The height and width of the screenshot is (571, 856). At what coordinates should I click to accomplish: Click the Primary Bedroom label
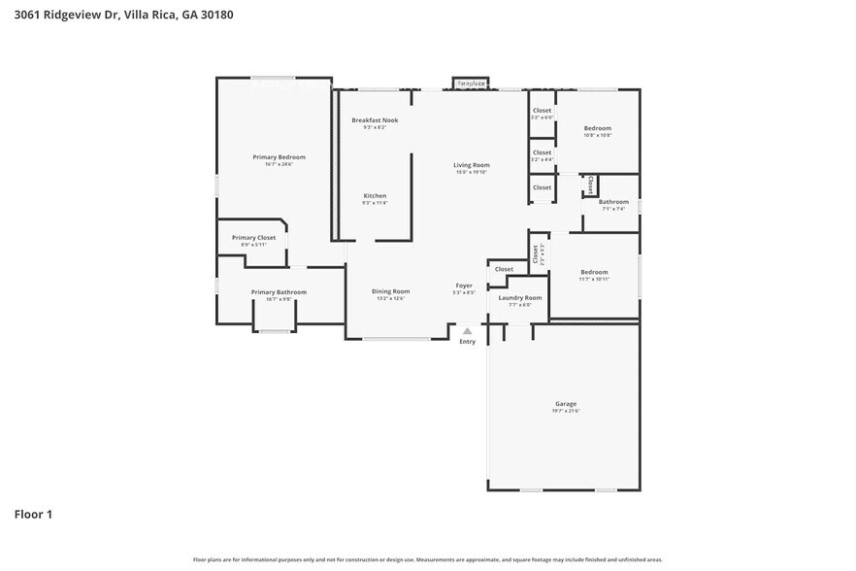[x=279, y=157]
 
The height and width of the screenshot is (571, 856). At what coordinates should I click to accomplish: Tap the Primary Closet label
[x=253, y=238]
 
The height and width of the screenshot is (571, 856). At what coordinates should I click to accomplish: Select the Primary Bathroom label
[x=279, y=292]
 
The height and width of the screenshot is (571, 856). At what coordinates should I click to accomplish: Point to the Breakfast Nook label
[x=375, y=120]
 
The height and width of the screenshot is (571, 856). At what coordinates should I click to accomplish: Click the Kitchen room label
[x=375, y=196]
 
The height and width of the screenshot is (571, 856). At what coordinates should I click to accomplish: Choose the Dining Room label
[x=391, y=291]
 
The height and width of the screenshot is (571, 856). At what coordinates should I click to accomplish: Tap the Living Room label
[x=471, y=165]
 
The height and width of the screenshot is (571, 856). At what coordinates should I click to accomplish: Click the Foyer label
[x=464, y=285]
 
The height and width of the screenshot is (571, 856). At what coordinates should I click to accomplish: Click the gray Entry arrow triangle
[x=467, y=331]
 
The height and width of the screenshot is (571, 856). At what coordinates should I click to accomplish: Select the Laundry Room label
[x=520, y=297]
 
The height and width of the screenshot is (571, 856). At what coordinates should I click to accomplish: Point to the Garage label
[x=566, y=404]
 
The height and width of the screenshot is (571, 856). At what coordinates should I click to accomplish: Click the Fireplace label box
[x=471, y=84]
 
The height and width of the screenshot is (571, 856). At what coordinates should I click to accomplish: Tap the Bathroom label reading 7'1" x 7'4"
[x=613, y=202]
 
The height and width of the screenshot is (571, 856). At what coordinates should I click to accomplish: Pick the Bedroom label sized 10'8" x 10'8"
[x=597, y=128]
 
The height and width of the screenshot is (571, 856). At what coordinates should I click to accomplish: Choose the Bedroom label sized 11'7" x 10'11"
[x=594, y=272]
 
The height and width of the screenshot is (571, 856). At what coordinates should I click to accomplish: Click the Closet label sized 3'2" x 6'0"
[x=542, y=111]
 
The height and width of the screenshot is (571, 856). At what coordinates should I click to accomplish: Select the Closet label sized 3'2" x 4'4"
[x=542, y=152]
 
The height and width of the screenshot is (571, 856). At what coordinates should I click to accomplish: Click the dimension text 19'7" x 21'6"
[x=566, y=412]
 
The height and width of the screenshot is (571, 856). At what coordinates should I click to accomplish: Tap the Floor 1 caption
[x=33, y=514]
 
